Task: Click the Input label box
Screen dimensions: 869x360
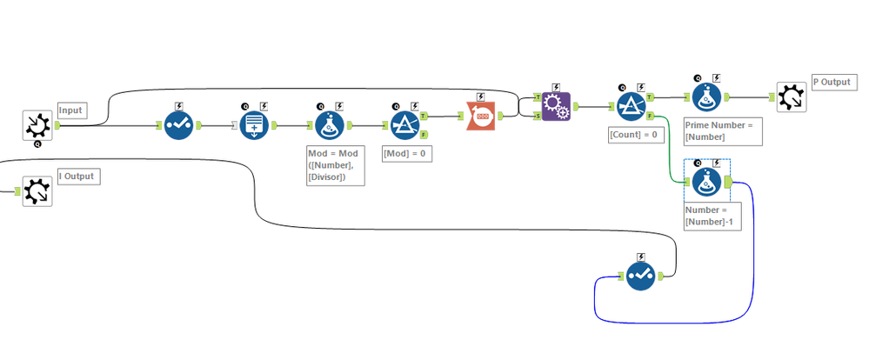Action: click(70, 110)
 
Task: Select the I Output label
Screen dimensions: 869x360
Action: click(78, 177)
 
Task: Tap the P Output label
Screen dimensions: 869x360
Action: click(834, 82)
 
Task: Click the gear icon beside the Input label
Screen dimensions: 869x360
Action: click(37, 126)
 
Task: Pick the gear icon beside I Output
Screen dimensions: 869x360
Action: click(37, 191)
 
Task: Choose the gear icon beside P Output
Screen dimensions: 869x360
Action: click(792, 97)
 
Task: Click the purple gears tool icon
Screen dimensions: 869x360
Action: click(556, 106)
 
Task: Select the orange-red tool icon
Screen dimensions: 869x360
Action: click(481, 116)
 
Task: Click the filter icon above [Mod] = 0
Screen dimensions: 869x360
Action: click(404, 125)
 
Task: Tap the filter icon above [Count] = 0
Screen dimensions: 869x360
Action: click(632, 106)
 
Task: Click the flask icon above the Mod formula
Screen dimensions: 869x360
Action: click(330, 125)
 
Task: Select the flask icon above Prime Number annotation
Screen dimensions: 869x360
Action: click(706, 97)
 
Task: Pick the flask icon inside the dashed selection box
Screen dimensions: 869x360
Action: click(706, 182)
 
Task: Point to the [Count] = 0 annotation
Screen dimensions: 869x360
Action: click(636, 136)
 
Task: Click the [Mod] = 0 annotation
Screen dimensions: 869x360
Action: click(407, 154)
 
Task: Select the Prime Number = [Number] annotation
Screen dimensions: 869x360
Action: click(722, 131)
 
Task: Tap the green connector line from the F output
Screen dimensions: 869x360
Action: click(670, 149)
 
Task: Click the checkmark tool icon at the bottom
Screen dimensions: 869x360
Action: click(641, 276)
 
